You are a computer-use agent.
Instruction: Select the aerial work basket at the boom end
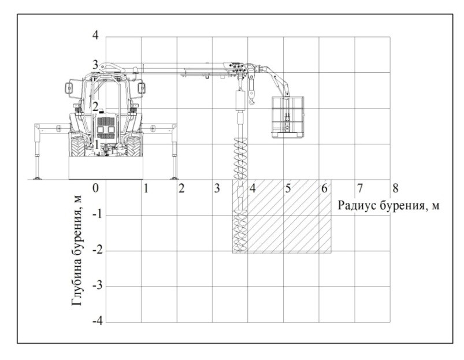click(x=288, y=117)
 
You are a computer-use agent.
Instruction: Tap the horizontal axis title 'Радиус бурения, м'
click(x=388, y=205)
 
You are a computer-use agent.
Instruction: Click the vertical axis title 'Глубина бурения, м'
click(x=77, y=250)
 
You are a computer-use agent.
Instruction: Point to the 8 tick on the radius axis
click(x=395, y=188)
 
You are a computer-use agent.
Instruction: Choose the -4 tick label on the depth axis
click(x=97, y=321)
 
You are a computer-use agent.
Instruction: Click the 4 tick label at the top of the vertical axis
click(x=95, y=35)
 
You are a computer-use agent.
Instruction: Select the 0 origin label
click(x=95, y=188)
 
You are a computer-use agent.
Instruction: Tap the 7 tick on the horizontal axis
click(x=360, y=188)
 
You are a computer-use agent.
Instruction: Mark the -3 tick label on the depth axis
click(x=97, y=285)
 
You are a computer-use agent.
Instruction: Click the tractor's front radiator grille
click(x=106, y=128)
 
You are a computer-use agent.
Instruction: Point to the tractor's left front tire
click(x=78, y=146)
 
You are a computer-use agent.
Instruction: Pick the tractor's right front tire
click(x=133, y=146)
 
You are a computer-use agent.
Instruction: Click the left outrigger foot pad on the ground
click(x=37, y=178)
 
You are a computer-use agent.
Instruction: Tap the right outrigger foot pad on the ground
click(x=175, y=178)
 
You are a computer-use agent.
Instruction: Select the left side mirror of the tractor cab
click(x=69, y=88)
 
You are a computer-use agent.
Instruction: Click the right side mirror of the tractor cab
click(x=142, y=88)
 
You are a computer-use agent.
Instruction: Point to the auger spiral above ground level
click(x=240, y=158)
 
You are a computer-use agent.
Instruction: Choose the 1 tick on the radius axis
click(x=146, y=188)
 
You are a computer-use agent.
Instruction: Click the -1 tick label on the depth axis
click(x=97, y=214)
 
